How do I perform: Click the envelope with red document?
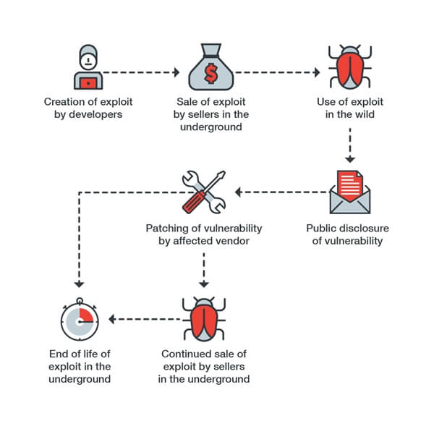pyautogui.click(x=349, y=191)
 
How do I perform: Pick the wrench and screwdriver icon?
pyautogui.click(x=203, y=192)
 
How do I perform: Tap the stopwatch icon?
pyautogui.click(x=78, y=320)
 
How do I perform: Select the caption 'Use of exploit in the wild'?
pyautogui.click(x=350, y=108)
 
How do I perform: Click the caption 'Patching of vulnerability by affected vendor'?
pyautogui.click(x=203, y=234)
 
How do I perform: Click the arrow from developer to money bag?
pyautogui.click(x=141, y=72)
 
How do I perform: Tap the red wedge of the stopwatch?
pyautogui.click(x=85, y=315)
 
